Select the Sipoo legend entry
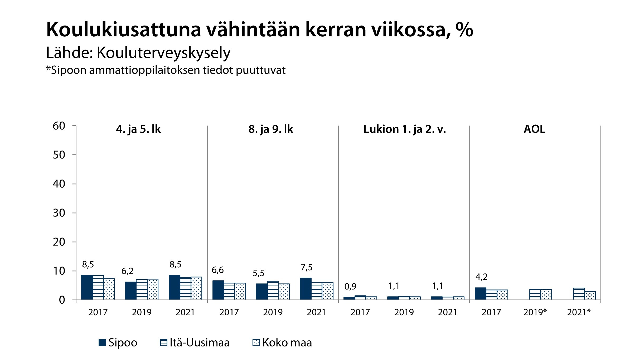(x=118, y=342)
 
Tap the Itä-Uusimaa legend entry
(x=195, y=342)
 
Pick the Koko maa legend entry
(x=282, y=342)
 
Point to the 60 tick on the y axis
(x=59, y=126)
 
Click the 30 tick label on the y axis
(x=59, y=213)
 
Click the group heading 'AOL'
(x=534, y=129)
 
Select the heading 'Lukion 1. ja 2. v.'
(x=404, y=129)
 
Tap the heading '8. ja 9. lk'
(x=271, y=129)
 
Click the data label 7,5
(x=307, y=267)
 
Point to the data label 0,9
(x=350, y=286)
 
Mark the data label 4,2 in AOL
(x=481, y=277)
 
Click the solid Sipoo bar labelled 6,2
(x=130, y=291)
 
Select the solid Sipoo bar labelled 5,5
(x=261, y=292)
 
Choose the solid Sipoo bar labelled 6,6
(x=218, y=290)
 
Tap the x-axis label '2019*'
(x=535, y=312)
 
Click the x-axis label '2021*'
(x=579, y=312)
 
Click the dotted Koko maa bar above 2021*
(x=590, y=296)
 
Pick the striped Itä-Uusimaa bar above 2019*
(x=535, y=295)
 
